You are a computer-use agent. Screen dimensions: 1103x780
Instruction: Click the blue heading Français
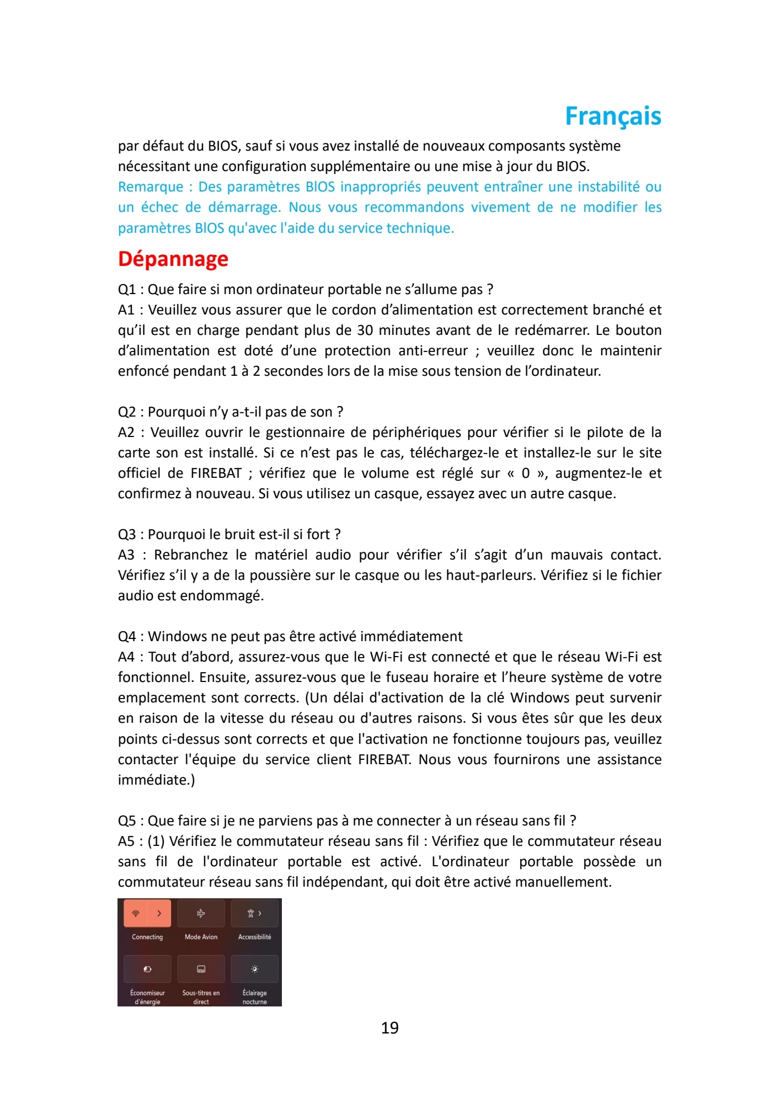click(613, 116)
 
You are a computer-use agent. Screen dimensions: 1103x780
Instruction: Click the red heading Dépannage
click(173, 259)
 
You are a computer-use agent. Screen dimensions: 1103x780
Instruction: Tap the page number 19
click(389, 1027)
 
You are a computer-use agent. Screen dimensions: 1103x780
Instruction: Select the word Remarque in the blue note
click(151, 187)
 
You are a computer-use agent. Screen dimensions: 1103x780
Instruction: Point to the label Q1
click(126, 290)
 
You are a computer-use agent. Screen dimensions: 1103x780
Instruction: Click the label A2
click(126, 433)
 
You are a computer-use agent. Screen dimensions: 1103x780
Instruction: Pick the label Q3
click(126, 535)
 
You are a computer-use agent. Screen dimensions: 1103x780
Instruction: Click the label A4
click(126, 657)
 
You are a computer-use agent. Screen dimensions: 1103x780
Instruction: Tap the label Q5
click(126, 821)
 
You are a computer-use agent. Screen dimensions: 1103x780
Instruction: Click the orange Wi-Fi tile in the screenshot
click(147, 913)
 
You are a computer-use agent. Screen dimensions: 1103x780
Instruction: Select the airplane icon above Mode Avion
click(201, 913)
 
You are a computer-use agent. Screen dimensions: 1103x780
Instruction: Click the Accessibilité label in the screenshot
click(254, 937)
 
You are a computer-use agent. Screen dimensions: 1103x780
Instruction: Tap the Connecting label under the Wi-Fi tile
click(147, 937)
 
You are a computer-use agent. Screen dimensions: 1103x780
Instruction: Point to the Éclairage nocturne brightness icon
click(254, 969)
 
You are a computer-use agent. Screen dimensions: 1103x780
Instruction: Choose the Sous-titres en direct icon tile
click(201, 969)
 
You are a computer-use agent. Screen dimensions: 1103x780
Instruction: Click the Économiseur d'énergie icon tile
click(147, 969)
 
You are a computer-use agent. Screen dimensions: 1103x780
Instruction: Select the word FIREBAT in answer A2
click(216, 473)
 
